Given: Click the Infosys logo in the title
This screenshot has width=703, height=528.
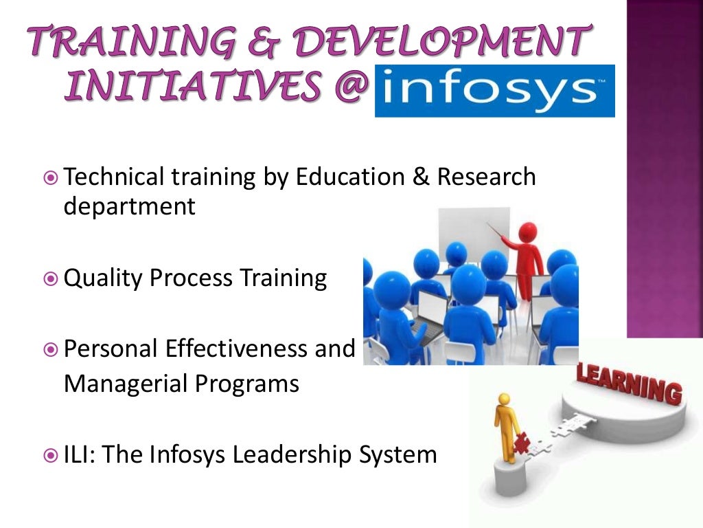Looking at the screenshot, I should pos(494,91).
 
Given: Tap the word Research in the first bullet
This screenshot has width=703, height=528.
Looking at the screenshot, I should pos(486,177).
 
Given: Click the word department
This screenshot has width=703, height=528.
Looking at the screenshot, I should pos(130,206).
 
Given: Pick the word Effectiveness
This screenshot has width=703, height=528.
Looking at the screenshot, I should pos(235,349).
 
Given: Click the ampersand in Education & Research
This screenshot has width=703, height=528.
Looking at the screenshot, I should pos(419,177).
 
